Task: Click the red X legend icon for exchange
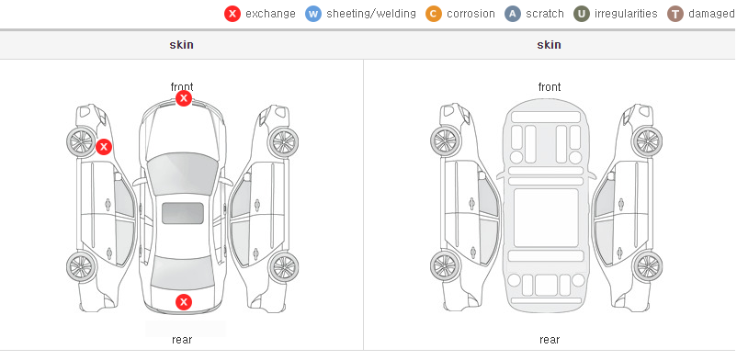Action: pos(232,14)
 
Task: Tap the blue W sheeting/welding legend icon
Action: pos(313,14)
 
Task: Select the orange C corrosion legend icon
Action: pos(434,14)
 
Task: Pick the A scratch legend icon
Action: pos(513,14)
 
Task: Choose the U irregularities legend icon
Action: pos(582,14)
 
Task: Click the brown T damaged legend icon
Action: pos(675,14)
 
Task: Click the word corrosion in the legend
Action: pos(471,14)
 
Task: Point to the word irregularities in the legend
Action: pos(626,14)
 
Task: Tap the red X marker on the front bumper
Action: pos(184,98)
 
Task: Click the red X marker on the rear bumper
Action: pos(184,302)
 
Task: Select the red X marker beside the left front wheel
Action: pos(104,147)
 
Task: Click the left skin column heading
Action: pos(181,45)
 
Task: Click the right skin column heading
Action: pos(549,45)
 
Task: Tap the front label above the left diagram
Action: pos(182,87)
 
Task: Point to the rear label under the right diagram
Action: pos(550,339)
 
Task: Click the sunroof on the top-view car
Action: pos(183,213)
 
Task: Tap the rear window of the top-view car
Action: pos(183,273)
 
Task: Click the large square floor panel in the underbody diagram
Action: pos(546,218)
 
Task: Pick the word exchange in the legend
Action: pos(270,14)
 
